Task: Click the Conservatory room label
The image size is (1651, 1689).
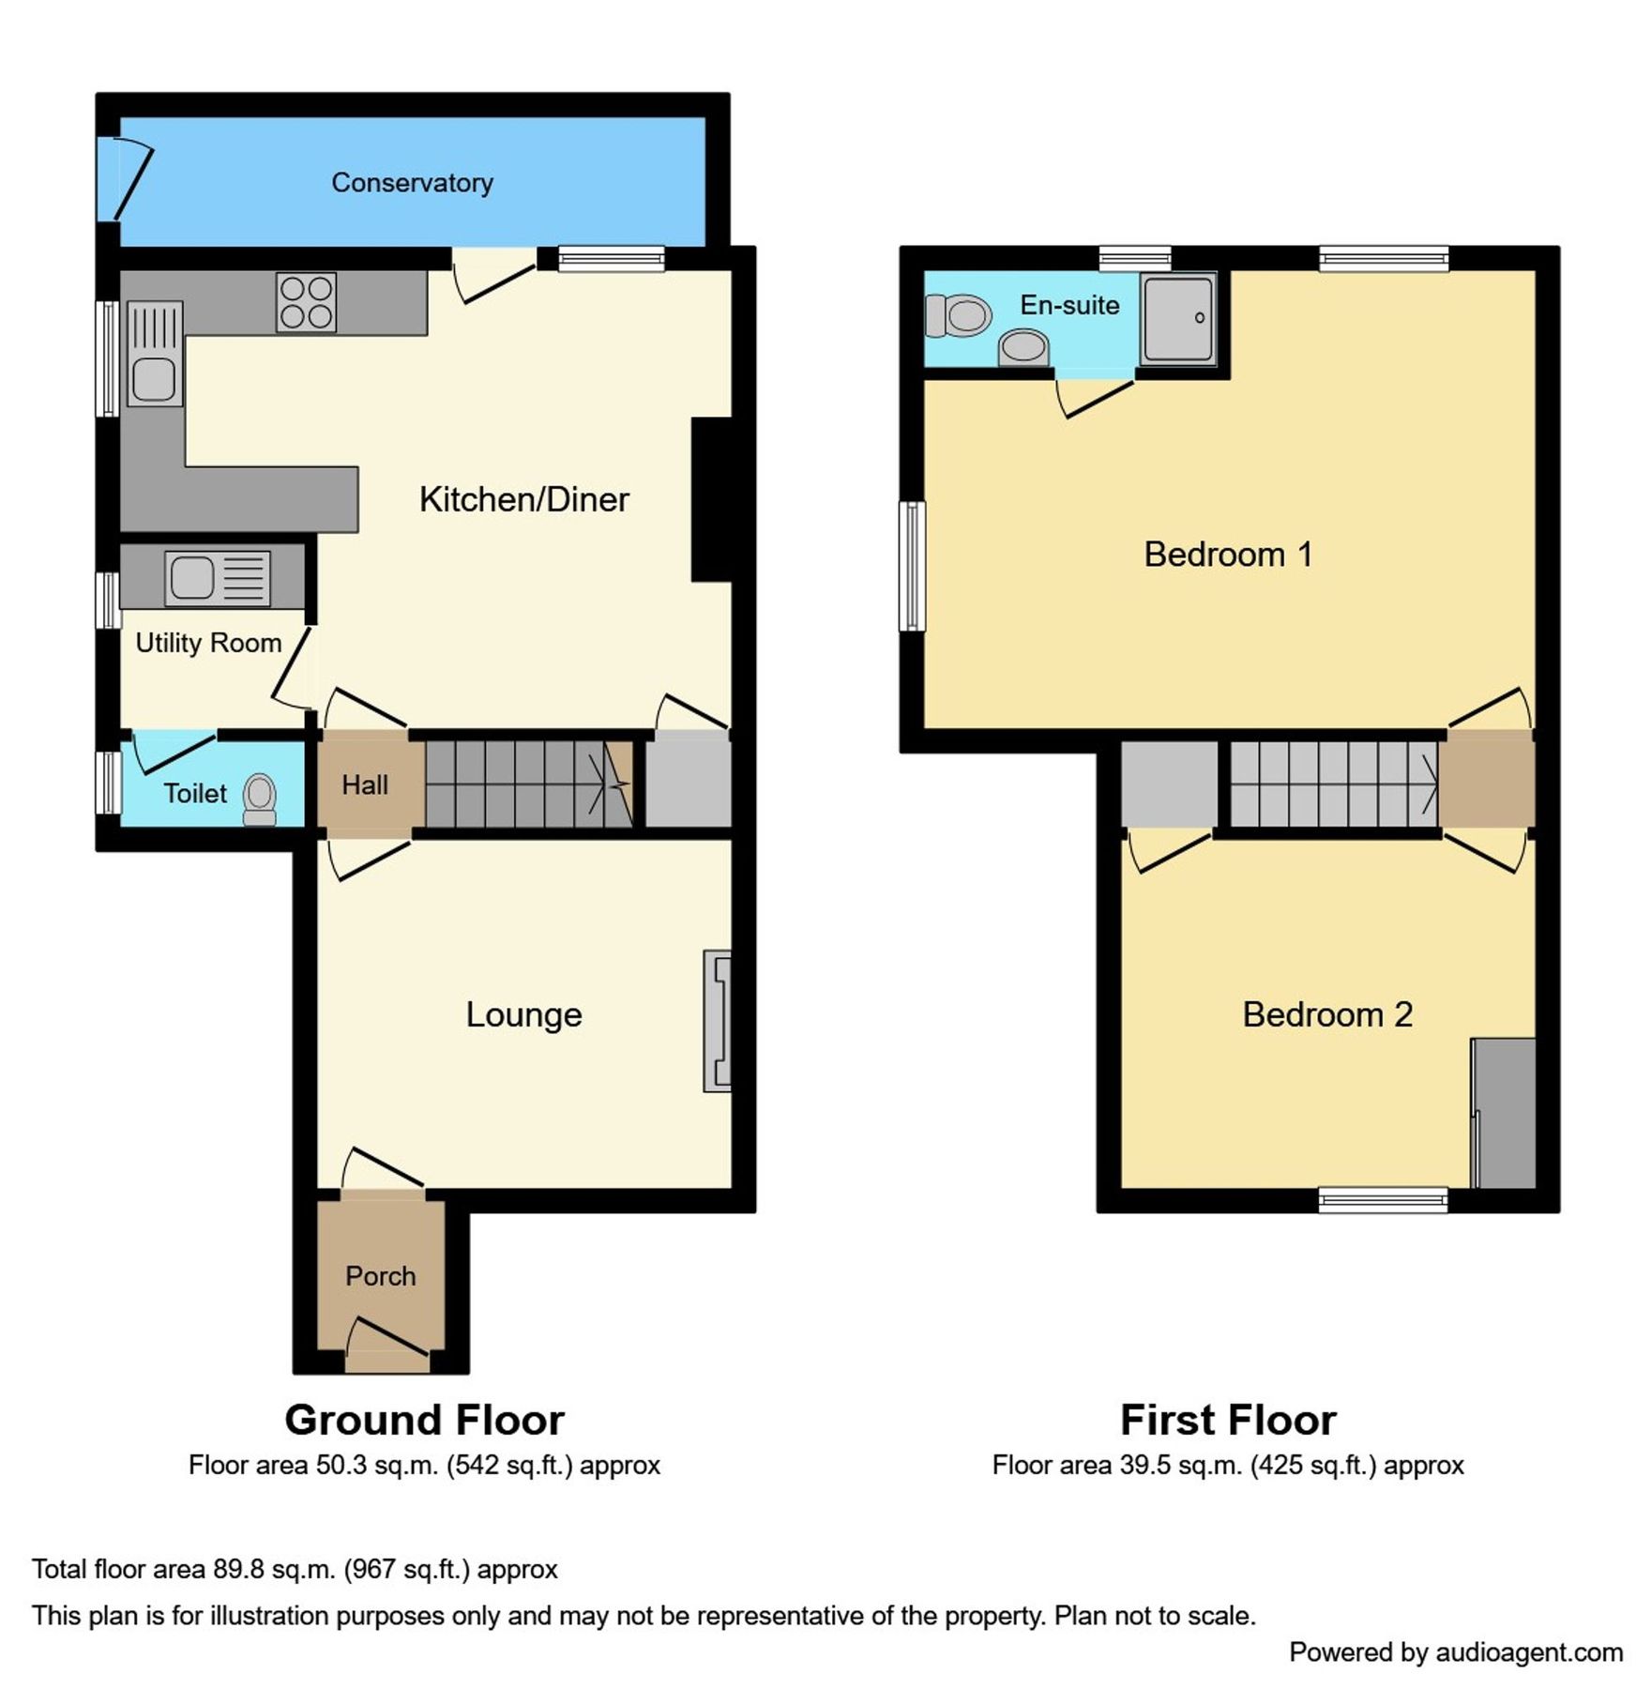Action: coord(412,182)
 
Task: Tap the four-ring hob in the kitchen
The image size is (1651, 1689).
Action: coord(306,302)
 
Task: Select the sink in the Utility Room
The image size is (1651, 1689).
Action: coord(217,577)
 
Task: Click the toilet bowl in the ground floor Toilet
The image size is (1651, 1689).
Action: coord(259,799)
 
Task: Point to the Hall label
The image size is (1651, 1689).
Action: coord(365,784)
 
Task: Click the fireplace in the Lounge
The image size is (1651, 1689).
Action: coord(718,1022)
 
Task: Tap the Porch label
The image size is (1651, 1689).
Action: coord(380,1276)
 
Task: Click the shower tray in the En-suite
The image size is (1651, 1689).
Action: coord(1178,318)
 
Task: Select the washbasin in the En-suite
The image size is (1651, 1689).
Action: coord(1023,347)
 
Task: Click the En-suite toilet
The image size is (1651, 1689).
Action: coord(958,315)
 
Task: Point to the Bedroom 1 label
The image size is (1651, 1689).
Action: coord(1227,555)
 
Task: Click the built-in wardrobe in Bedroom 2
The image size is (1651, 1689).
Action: coord(1504,1113)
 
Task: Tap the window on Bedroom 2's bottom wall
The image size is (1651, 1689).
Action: coord(1383,1199)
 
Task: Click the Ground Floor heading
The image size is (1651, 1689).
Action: coord(424,1421)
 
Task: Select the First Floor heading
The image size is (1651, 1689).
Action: coord(1227,1421)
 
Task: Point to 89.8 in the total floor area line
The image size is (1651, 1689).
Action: coord(239,1570)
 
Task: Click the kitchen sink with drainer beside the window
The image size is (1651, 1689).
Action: coord(154,355)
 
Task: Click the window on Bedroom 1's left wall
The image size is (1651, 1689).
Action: coord(912,566)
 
